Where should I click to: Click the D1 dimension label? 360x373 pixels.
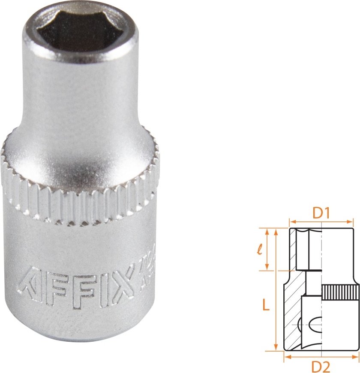pyautogui.click(x=321, y=213)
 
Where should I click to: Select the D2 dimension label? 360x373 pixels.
pyautogui.click(x=321, y=367)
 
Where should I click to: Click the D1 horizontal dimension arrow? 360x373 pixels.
pyautogui.click(x=321, y=222)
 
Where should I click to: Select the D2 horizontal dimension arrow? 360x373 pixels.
pyautogui.click(x=321, y=356)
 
